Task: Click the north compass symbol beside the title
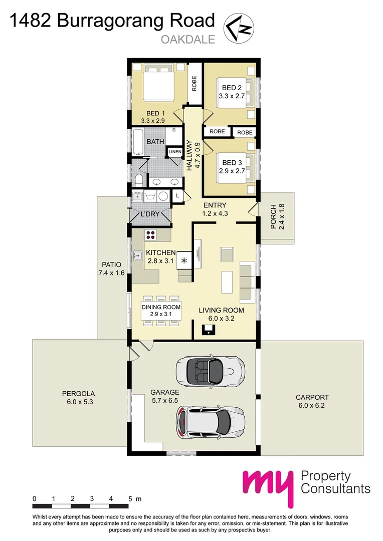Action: [x=239, y=27]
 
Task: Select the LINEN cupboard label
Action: [x=174, y=152]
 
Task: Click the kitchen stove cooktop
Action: [x=151, y=234]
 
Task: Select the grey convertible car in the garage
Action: [x=210, y=371]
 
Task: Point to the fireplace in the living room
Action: [x=208, y=330]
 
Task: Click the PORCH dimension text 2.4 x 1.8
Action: [x=281, y=217]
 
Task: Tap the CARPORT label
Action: [x=312, y=397]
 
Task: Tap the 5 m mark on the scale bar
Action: [x=130, y=499]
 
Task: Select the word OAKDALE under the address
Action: [x=188, y=40]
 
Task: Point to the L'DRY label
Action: [x=150, y=214]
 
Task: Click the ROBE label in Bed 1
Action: [x=194, y=82]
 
